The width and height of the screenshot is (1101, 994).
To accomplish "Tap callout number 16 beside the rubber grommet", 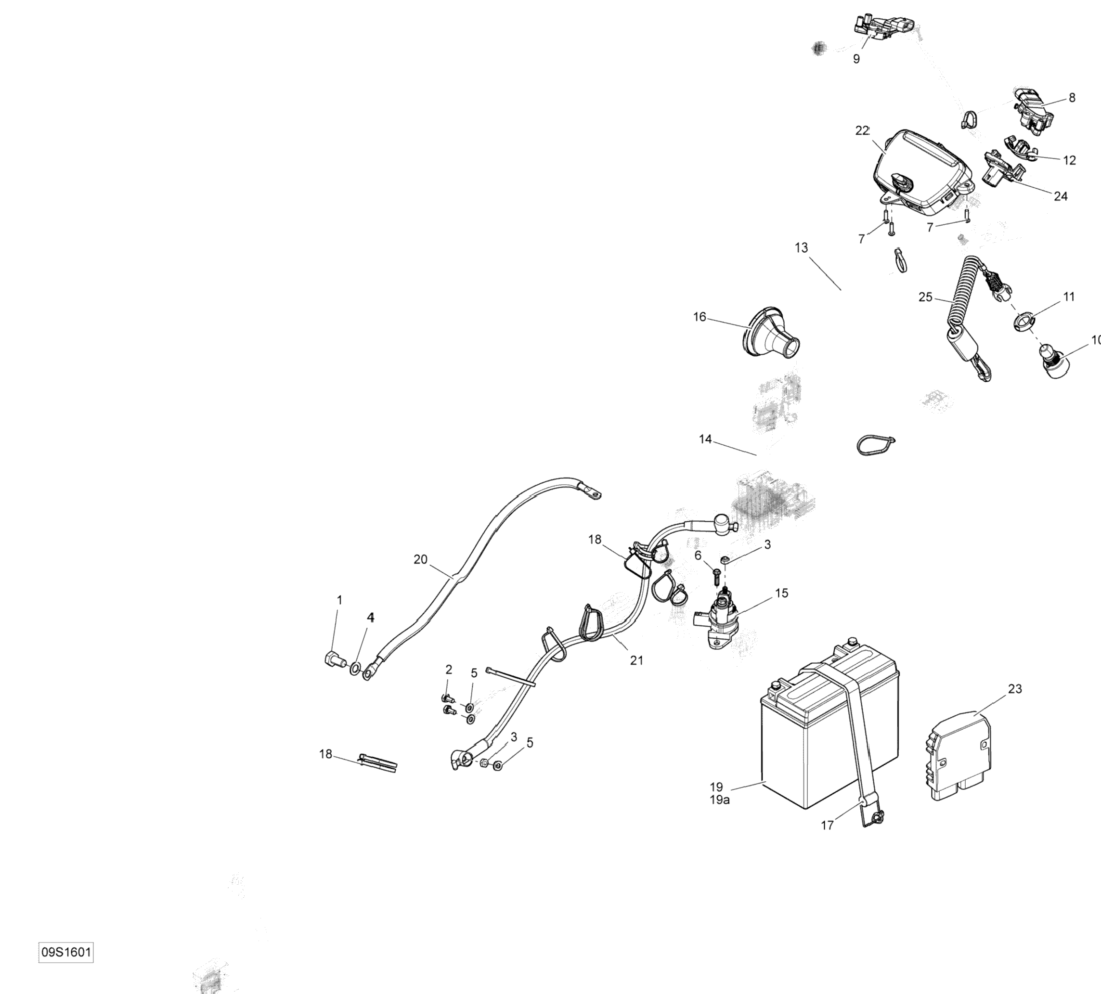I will click(x=699, y=317).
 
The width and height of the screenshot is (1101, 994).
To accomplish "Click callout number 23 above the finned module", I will click(x=1015, y=689).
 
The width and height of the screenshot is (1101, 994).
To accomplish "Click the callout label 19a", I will click(x=719, y=800).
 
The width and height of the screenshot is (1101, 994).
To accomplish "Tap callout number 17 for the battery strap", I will click(x=828, y=825).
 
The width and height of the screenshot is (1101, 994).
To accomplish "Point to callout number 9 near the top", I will click(x=856, y=59).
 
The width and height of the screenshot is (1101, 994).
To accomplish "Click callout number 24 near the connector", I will click(x=1060, y=196).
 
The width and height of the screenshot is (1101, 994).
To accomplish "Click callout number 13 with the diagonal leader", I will click(x=801, y=248).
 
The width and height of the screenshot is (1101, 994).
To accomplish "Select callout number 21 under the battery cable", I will click(x=636, y=660).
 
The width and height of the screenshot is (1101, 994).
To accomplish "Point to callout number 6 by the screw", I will click(x=698, y=555).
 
